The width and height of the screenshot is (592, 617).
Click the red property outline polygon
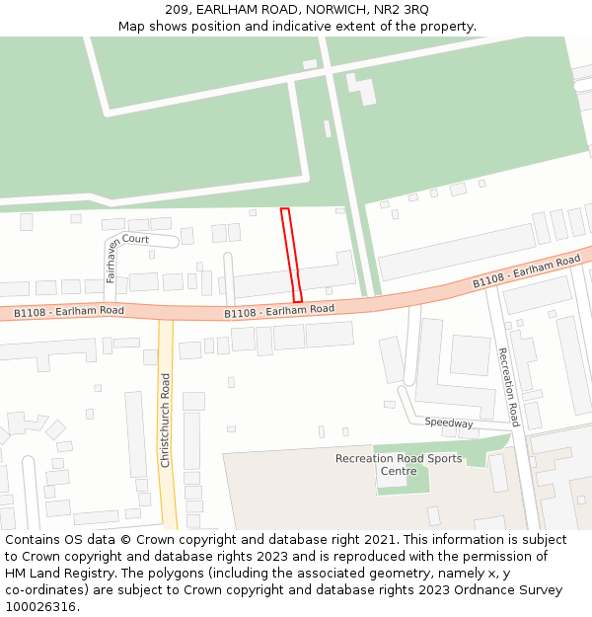tap(291, 255)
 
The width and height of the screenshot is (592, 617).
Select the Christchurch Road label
tap(165, 421)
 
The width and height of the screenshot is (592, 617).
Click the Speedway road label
tap(449, 423)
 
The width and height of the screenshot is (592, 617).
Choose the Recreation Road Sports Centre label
tap(398, 464)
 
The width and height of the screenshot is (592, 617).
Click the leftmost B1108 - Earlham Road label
tap(68, 312)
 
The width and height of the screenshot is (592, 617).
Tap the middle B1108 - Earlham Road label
tap(279, 311)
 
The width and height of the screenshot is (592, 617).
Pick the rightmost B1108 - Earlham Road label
tap(526, 271)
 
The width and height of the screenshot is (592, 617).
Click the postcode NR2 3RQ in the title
tap(402, 10)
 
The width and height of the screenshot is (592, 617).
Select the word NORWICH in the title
tap(335, 10)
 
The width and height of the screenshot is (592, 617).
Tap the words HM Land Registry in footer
tap(55, 574)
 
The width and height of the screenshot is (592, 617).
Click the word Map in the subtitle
tap(132, 27)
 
